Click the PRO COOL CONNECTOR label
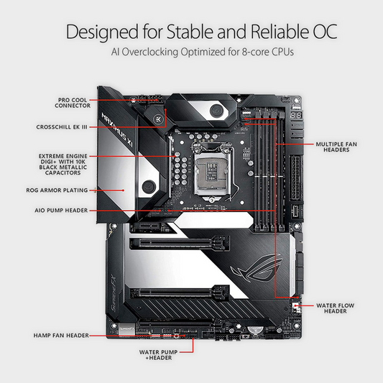pos(73,103)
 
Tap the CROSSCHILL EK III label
pos(62,127)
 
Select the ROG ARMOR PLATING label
pos(57,190)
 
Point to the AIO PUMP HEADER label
pos(61,211)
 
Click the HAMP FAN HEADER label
pos(61,336)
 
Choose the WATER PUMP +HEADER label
pos(158,355)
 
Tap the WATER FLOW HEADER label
pos(335,308)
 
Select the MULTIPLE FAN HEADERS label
pos(336,147)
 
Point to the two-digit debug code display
pos(296,115)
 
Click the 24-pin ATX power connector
pos(295,177)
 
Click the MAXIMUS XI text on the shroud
pos(116,129)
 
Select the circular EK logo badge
pos(157,119)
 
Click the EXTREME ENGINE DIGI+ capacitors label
pos(63,165)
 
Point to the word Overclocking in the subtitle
pos(150,52)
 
